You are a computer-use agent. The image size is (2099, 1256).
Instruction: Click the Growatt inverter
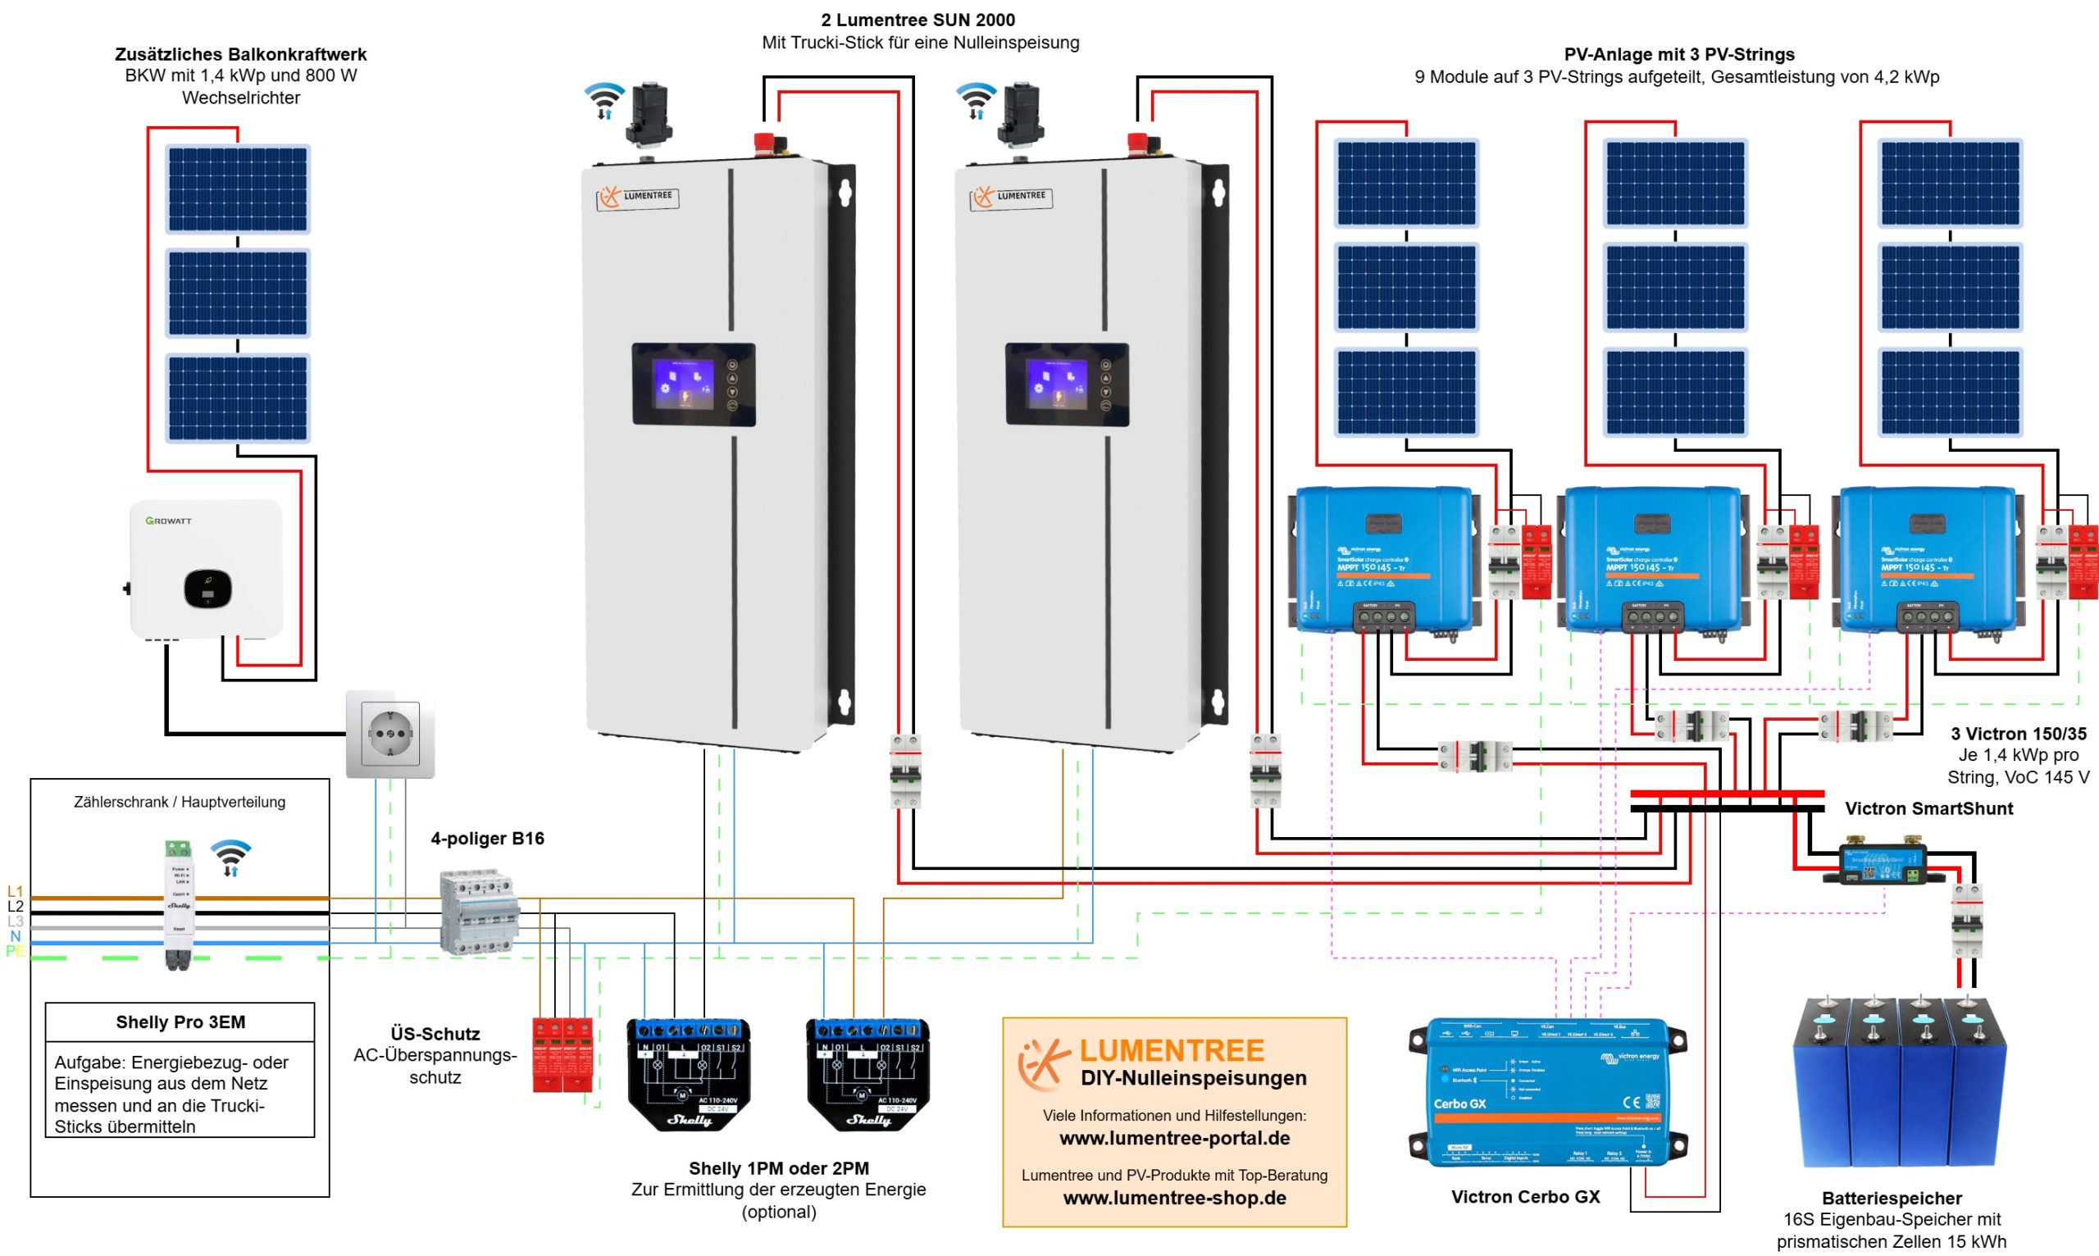point(206,569)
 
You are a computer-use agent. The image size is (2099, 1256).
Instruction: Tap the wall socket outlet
point(390,734)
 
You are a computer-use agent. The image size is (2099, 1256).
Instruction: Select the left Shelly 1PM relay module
point(688,1073)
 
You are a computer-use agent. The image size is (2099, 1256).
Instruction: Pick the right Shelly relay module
point(868,1073)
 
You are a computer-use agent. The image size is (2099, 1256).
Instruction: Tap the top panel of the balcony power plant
point(238,189)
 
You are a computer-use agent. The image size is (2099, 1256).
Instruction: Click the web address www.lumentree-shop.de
point(1175,1198)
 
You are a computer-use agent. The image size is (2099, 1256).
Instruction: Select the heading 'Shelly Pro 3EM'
point(180,1022)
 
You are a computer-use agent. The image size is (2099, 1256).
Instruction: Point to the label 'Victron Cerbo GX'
point(1525,1197)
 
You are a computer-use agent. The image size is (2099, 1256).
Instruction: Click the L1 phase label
point(16,891)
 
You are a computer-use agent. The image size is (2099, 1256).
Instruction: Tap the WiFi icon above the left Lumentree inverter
point(604,100)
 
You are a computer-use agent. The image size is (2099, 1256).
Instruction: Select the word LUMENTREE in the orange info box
point(1172,1050)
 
